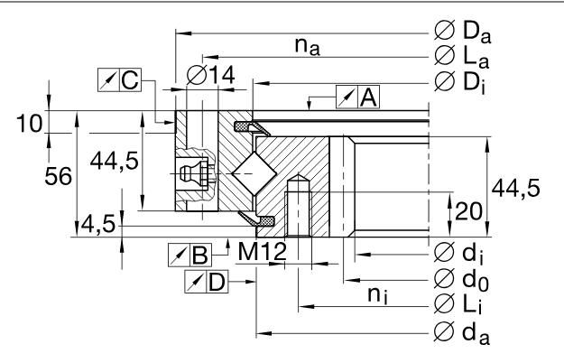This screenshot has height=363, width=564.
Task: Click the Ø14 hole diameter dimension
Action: (x=211, y=76)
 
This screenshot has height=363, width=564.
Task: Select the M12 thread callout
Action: (x=263, y=251)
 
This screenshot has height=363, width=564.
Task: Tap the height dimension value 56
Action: (x=59, y=177)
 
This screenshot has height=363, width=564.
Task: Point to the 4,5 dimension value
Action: (x=98, y=225)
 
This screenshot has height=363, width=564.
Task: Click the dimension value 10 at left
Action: (x=29, y=124)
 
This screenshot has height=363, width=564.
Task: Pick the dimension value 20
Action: (x=468, y=211)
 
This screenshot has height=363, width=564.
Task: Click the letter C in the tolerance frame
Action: (x=130, y=79)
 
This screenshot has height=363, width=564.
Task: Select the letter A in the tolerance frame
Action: (x=369, y=98)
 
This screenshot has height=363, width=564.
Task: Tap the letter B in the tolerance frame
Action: (x=200, y=256)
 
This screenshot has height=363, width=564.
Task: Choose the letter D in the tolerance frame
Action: (x=217, y=282)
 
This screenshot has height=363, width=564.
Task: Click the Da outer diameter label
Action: (x=463, y=32)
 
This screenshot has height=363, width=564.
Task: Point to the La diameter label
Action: (x=462, y=57)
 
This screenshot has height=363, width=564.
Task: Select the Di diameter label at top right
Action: (x=459, y=82)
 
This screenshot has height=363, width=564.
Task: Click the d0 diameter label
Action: (x=461, y=279)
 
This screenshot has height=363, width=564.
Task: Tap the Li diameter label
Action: (x=458, y=304)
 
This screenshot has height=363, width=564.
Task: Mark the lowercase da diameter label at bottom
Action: (x=462, y=332)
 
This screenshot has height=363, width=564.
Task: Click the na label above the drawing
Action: (x=307, y=46)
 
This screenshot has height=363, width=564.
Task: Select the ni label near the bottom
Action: (x=378, y=295)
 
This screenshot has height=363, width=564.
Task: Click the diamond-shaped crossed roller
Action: (x=254, y=173)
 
